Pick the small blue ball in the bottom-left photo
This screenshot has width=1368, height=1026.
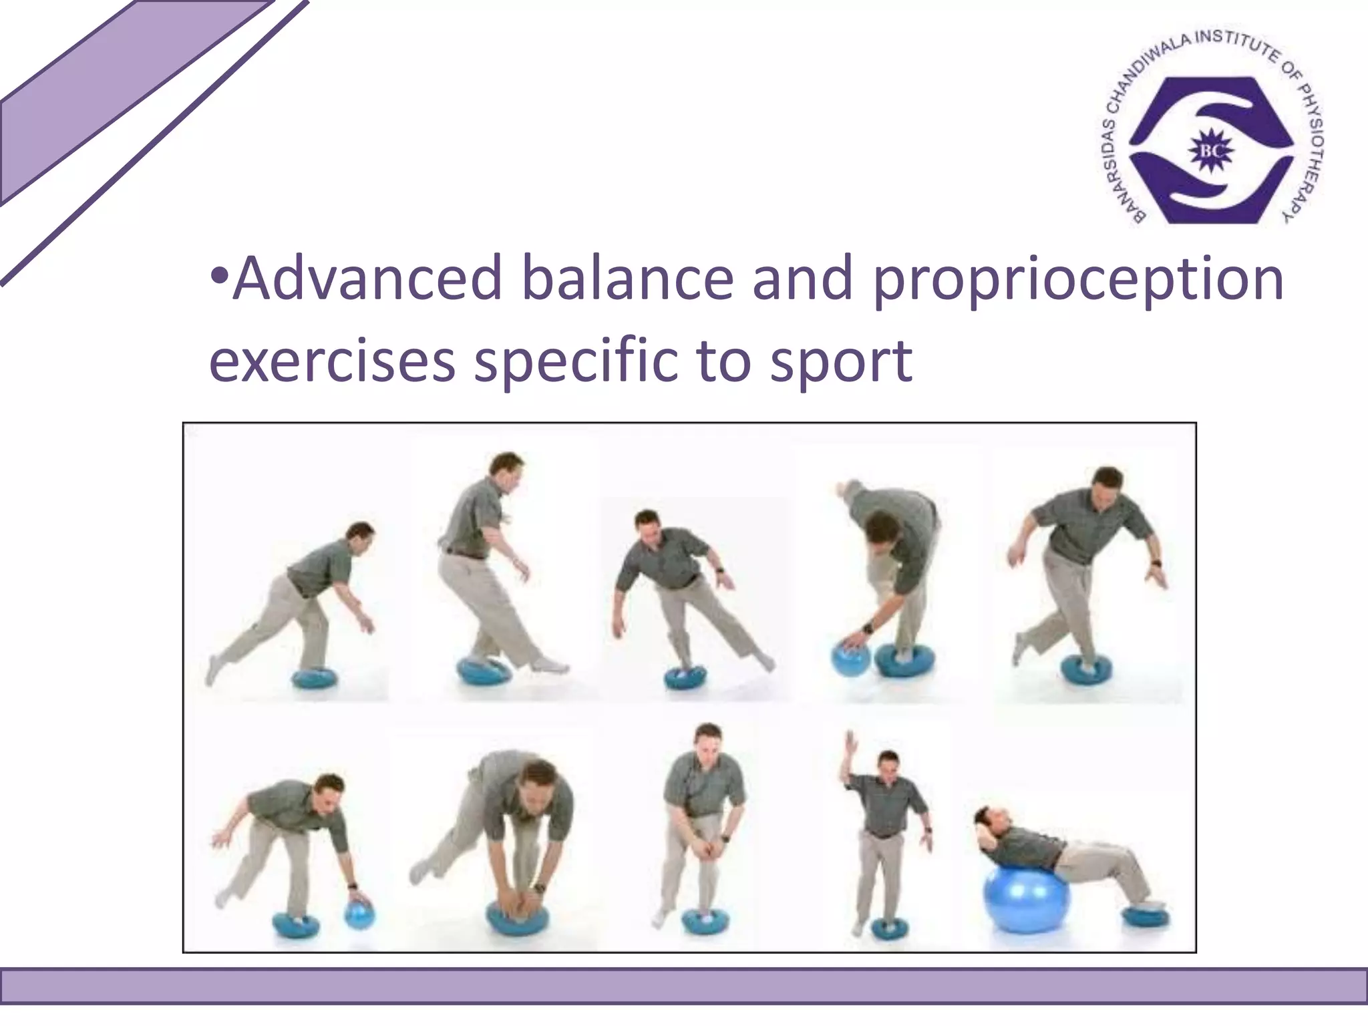[359, 915]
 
